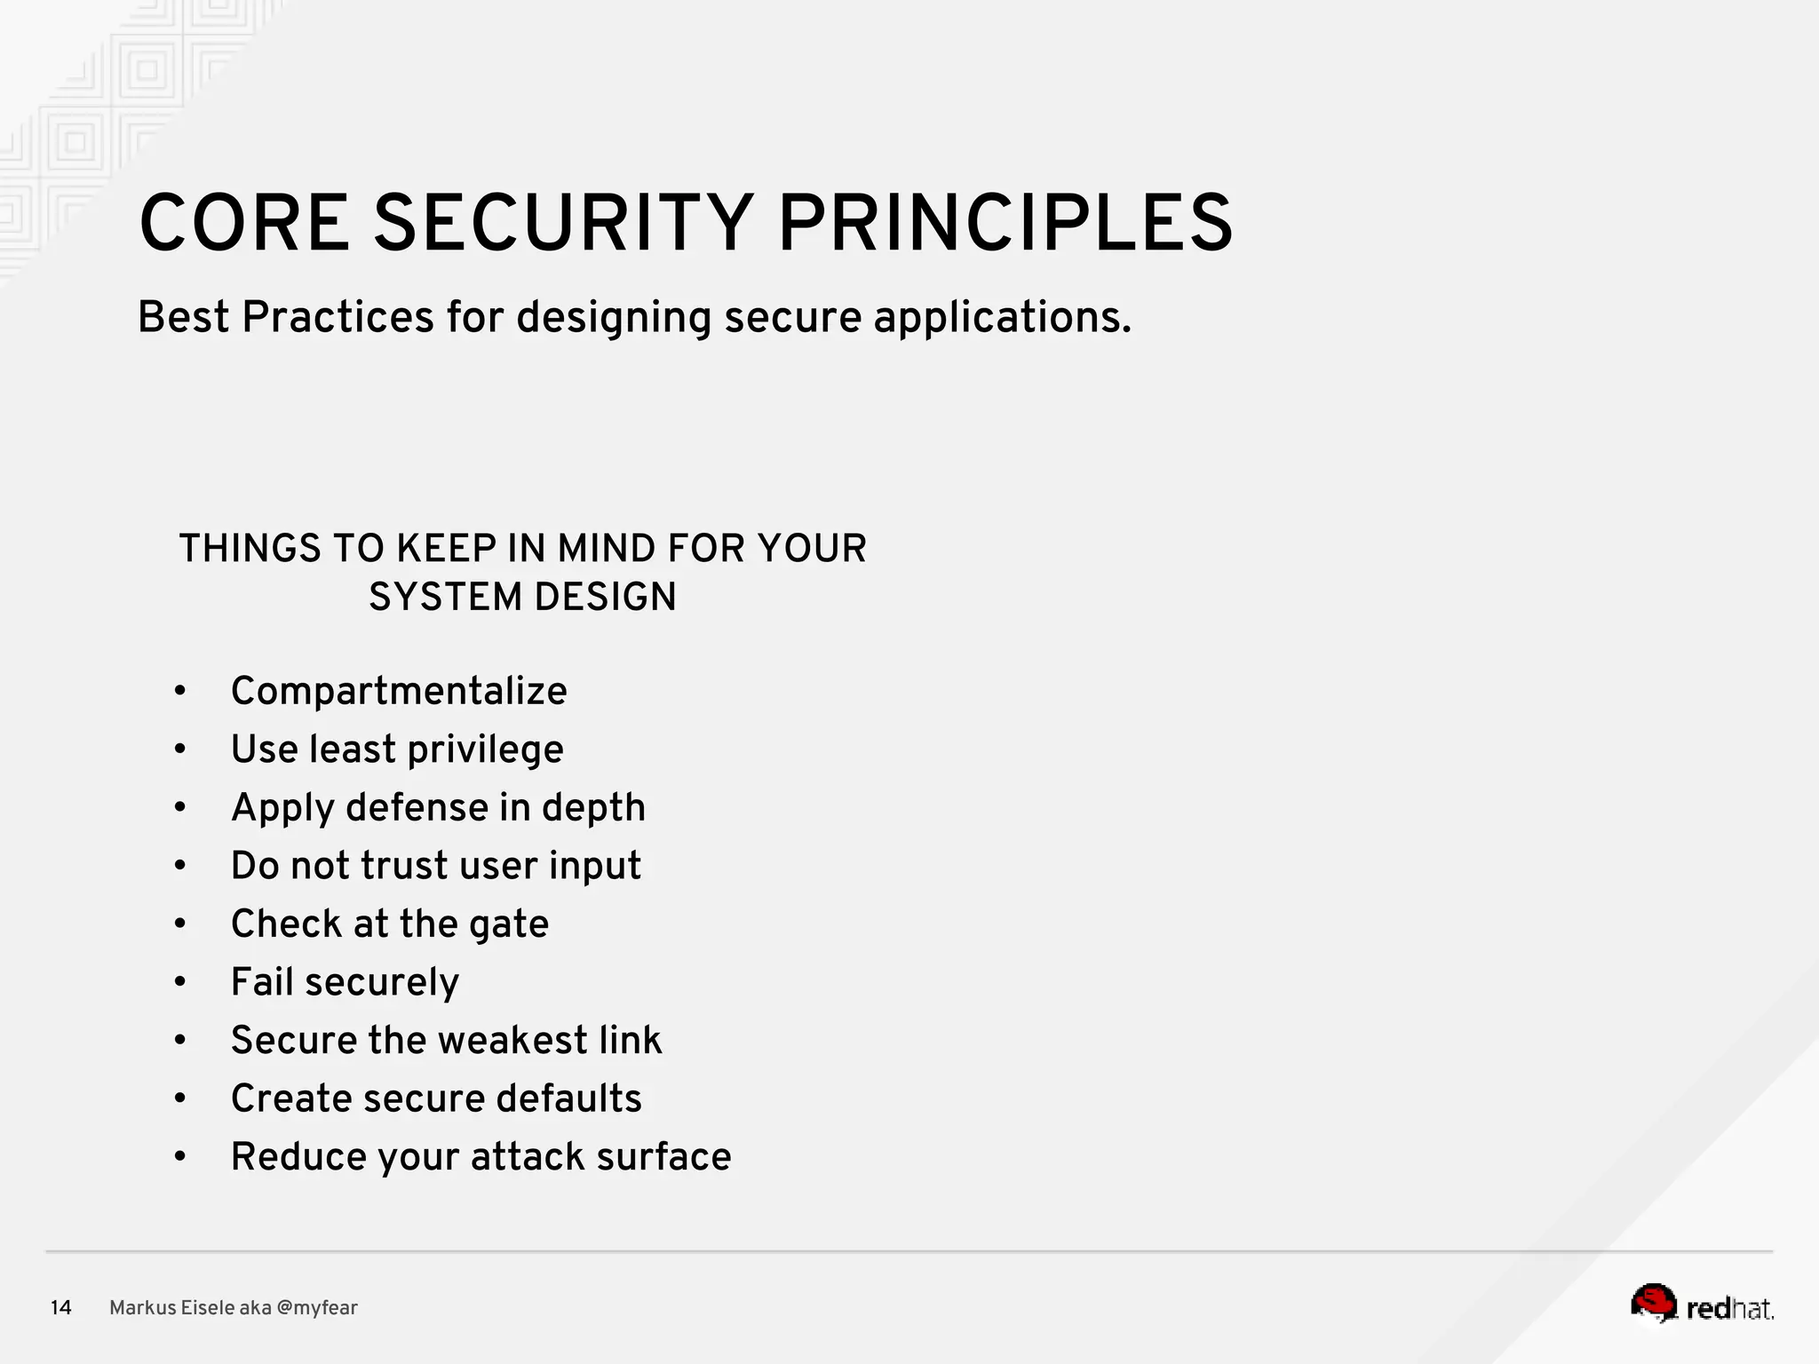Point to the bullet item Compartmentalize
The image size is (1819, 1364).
click(x=399, y=691)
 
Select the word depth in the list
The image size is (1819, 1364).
click(x=593, y=808)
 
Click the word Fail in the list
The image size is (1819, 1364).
click(x=262, y=982)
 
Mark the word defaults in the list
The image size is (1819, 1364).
click(x=568, y=1098)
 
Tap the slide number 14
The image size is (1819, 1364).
click(x=60, y=1308)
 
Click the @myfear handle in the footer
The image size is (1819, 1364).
click(x=317, y=1308)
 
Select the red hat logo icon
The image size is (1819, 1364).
click(x=1653, y=1304)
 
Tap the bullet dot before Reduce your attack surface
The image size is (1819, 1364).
click(x=180, y=1156)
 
